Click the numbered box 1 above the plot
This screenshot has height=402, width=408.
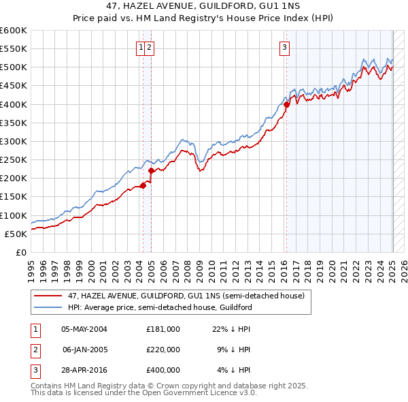[140, 47]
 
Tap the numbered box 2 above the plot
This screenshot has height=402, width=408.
[148, 47]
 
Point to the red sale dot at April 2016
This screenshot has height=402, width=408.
[286, 105]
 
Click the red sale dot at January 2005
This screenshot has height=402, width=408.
[151, 171]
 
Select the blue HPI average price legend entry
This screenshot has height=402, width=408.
[160, 307]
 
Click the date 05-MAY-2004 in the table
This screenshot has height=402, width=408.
[84, 328]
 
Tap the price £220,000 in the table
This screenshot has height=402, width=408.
[163, 350]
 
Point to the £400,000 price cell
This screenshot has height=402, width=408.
[163, 371]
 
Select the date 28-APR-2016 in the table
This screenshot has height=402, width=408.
[84, 371]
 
